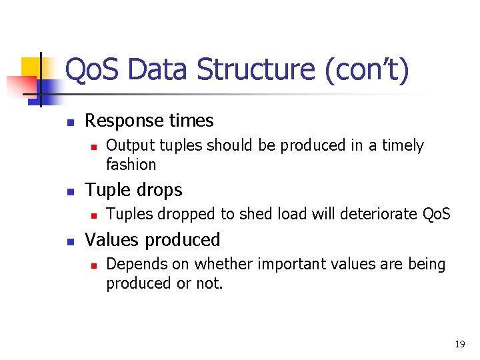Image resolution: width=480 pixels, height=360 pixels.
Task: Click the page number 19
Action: click(459, 344)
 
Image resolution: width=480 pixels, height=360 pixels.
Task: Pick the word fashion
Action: click(131, 164)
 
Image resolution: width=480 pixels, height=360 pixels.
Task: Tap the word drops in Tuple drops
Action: click(159, 191)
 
